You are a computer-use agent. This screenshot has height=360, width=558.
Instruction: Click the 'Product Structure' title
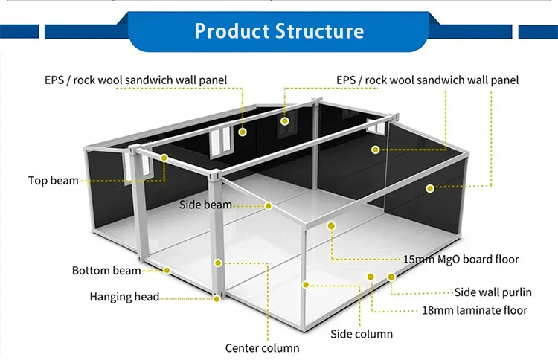tap(279, 30)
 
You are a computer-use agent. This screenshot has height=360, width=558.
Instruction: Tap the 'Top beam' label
tap(54, 180)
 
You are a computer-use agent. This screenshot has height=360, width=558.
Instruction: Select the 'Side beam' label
tap(205, 205)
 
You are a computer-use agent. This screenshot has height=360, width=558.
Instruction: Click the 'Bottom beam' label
tap(106, 270)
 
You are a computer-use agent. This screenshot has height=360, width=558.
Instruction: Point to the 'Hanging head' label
tap(124, 296)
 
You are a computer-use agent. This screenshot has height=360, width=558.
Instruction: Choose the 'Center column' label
tap(263, 348)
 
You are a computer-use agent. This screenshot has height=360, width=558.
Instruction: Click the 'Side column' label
tap(362, 334)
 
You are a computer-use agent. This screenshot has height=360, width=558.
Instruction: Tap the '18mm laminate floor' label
tap(475, 310)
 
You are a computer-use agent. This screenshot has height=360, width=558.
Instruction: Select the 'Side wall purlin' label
tap(493, 292)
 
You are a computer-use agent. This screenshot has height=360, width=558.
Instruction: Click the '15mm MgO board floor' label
tap(461, 259)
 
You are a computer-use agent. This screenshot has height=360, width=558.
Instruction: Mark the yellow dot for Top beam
tap(164, 158)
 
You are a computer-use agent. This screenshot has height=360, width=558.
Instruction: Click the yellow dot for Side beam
tap(269, 206)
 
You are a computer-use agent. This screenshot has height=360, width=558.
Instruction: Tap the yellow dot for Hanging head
tap(217, 299)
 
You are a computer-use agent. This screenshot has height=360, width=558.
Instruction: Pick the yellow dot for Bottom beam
tap(167, 271)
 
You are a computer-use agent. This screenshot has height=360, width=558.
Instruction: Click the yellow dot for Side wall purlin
tap(391, 277)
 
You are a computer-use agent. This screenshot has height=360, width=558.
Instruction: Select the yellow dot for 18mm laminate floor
tap(371, 277)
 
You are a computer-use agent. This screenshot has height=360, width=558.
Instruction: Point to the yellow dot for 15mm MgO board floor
tap(331, 225)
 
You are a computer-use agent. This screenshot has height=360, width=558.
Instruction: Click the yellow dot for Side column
tap(305, 285)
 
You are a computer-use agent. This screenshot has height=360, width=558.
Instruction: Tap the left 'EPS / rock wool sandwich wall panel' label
tap(136, 80)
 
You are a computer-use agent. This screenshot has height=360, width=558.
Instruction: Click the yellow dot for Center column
tap(218, 263)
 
